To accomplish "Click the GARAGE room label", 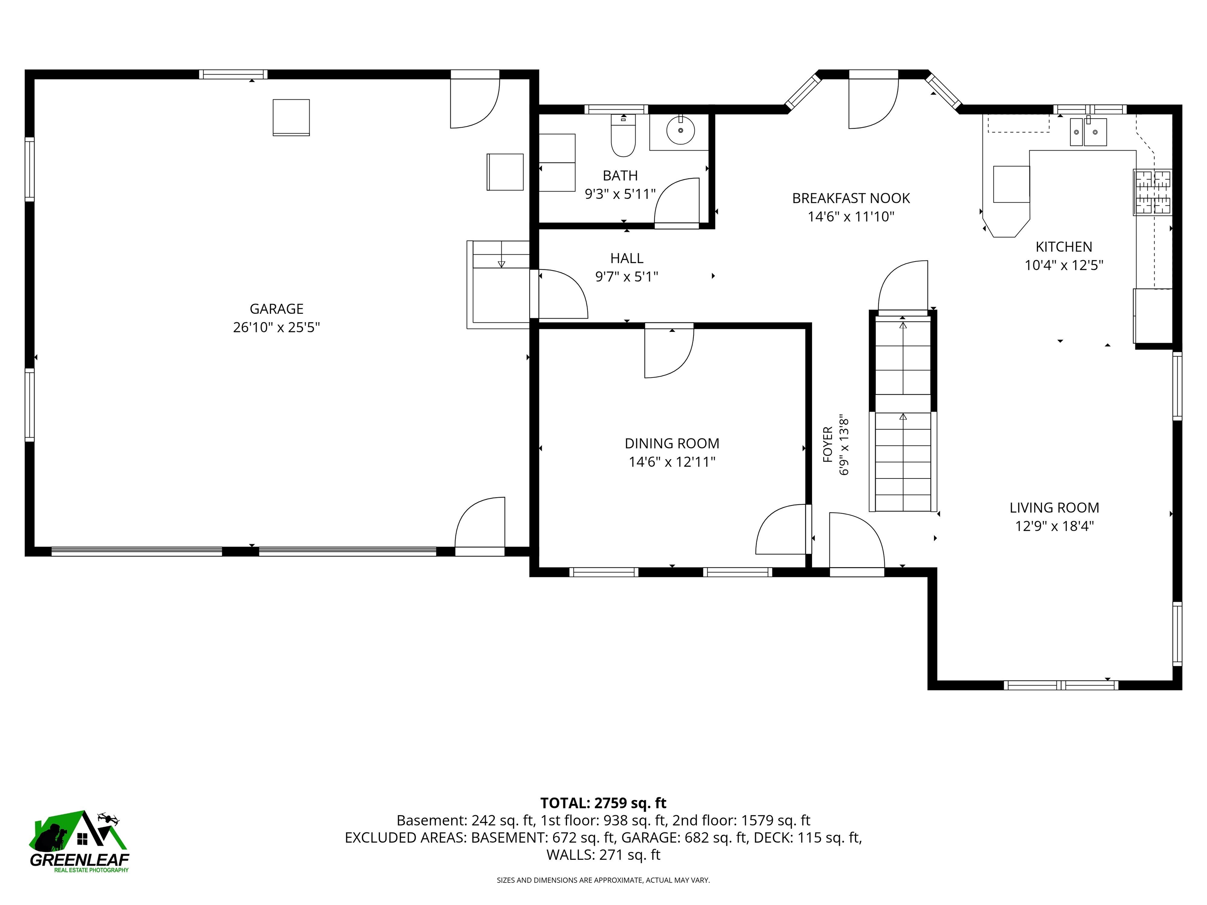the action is [276, 309].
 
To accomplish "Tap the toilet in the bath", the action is [623, 135].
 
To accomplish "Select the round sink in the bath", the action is [681, 131].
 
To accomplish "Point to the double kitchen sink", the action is [1088, 132].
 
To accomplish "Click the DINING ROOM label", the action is [672, 443].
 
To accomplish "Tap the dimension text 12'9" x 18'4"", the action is [1054, 526].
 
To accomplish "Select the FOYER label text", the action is [828, 445].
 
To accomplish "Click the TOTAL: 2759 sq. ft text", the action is [603, 803].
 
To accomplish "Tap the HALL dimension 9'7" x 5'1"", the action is [626, 277].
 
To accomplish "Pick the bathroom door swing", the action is [677, 202].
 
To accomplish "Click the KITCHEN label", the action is [1064, 247].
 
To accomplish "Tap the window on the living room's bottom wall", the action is [1061, 685].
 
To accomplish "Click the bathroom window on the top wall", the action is [616, 109].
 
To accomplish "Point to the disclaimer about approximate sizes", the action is [603, 880].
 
